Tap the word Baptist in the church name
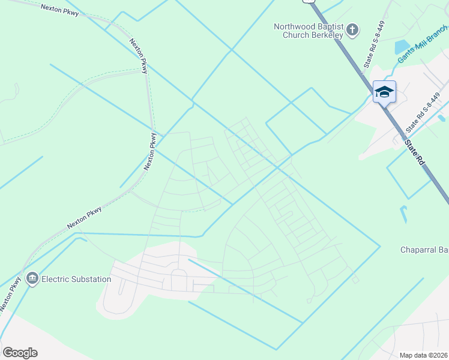[329, 26]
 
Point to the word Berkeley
[327, 35]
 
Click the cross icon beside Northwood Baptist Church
[353, 29]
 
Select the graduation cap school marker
[384, 92]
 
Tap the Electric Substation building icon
[32, 279]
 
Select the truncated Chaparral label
[424, 250]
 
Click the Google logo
[20, 353]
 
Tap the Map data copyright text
[423, 355]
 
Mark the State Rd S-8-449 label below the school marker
[423, 112]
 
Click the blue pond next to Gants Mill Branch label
[400, 46]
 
